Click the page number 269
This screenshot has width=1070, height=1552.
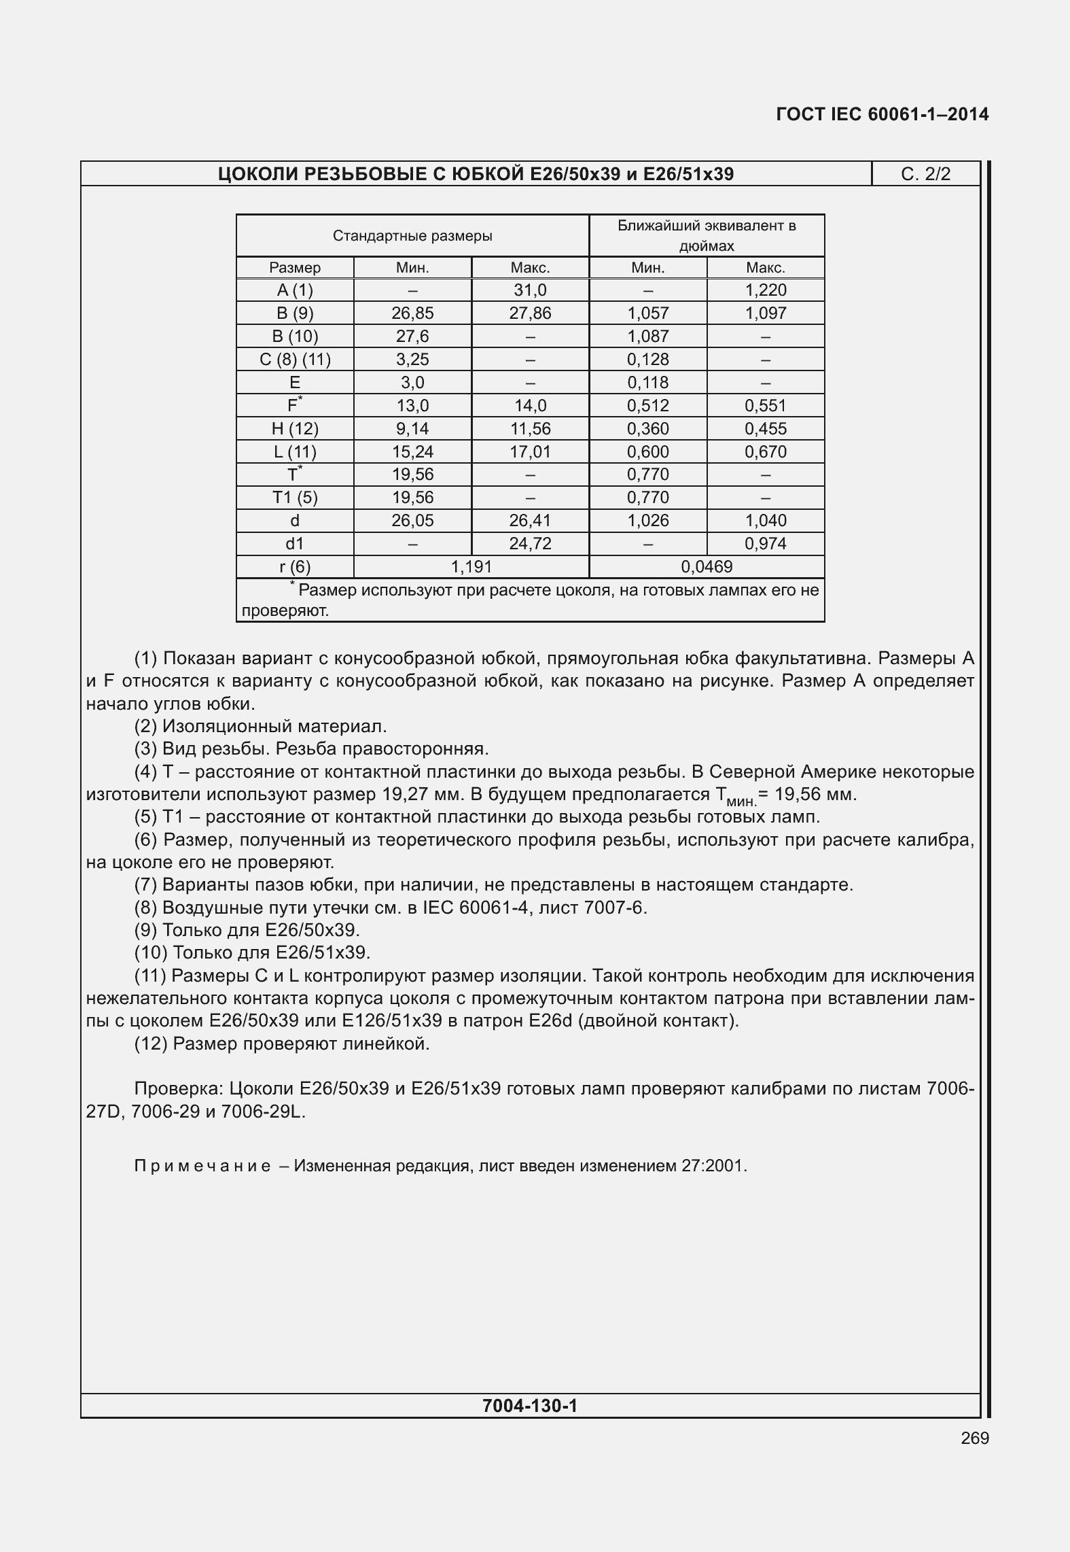tap(975, 1438)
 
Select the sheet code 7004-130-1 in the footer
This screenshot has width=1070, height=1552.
tap(530, 1405)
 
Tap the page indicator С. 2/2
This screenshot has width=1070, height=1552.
tap(925, 174)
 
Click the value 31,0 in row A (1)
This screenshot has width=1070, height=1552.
tap(530, 290)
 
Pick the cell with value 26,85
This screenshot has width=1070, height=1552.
tap(412, 313)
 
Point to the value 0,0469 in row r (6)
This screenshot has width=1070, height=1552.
tap(707, 567)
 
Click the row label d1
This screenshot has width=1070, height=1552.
tap(295, 544)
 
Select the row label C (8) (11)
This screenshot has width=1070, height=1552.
tap(295, 360)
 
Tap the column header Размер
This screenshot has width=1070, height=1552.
tap(295, 268)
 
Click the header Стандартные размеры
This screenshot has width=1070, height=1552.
tap(412, 237)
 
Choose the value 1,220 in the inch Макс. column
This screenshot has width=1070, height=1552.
tap(766, 290)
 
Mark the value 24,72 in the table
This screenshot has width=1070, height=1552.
tap(530, 544)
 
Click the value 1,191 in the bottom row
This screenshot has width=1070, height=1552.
tap(471, 567)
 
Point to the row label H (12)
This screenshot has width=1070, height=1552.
tap(295, 429)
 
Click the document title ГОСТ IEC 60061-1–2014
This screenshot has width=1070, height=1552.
tap(882, 114)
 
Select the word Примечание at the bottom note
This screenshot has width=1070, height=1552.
tap(202, 1167)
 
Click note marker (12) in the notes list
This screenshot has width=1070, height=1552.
tap(151, 1044)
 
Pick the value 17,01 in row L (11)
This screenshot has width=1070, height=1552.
tap(530, 452)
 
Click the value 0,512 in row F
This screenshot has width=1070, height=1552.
tap(647, 406)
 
